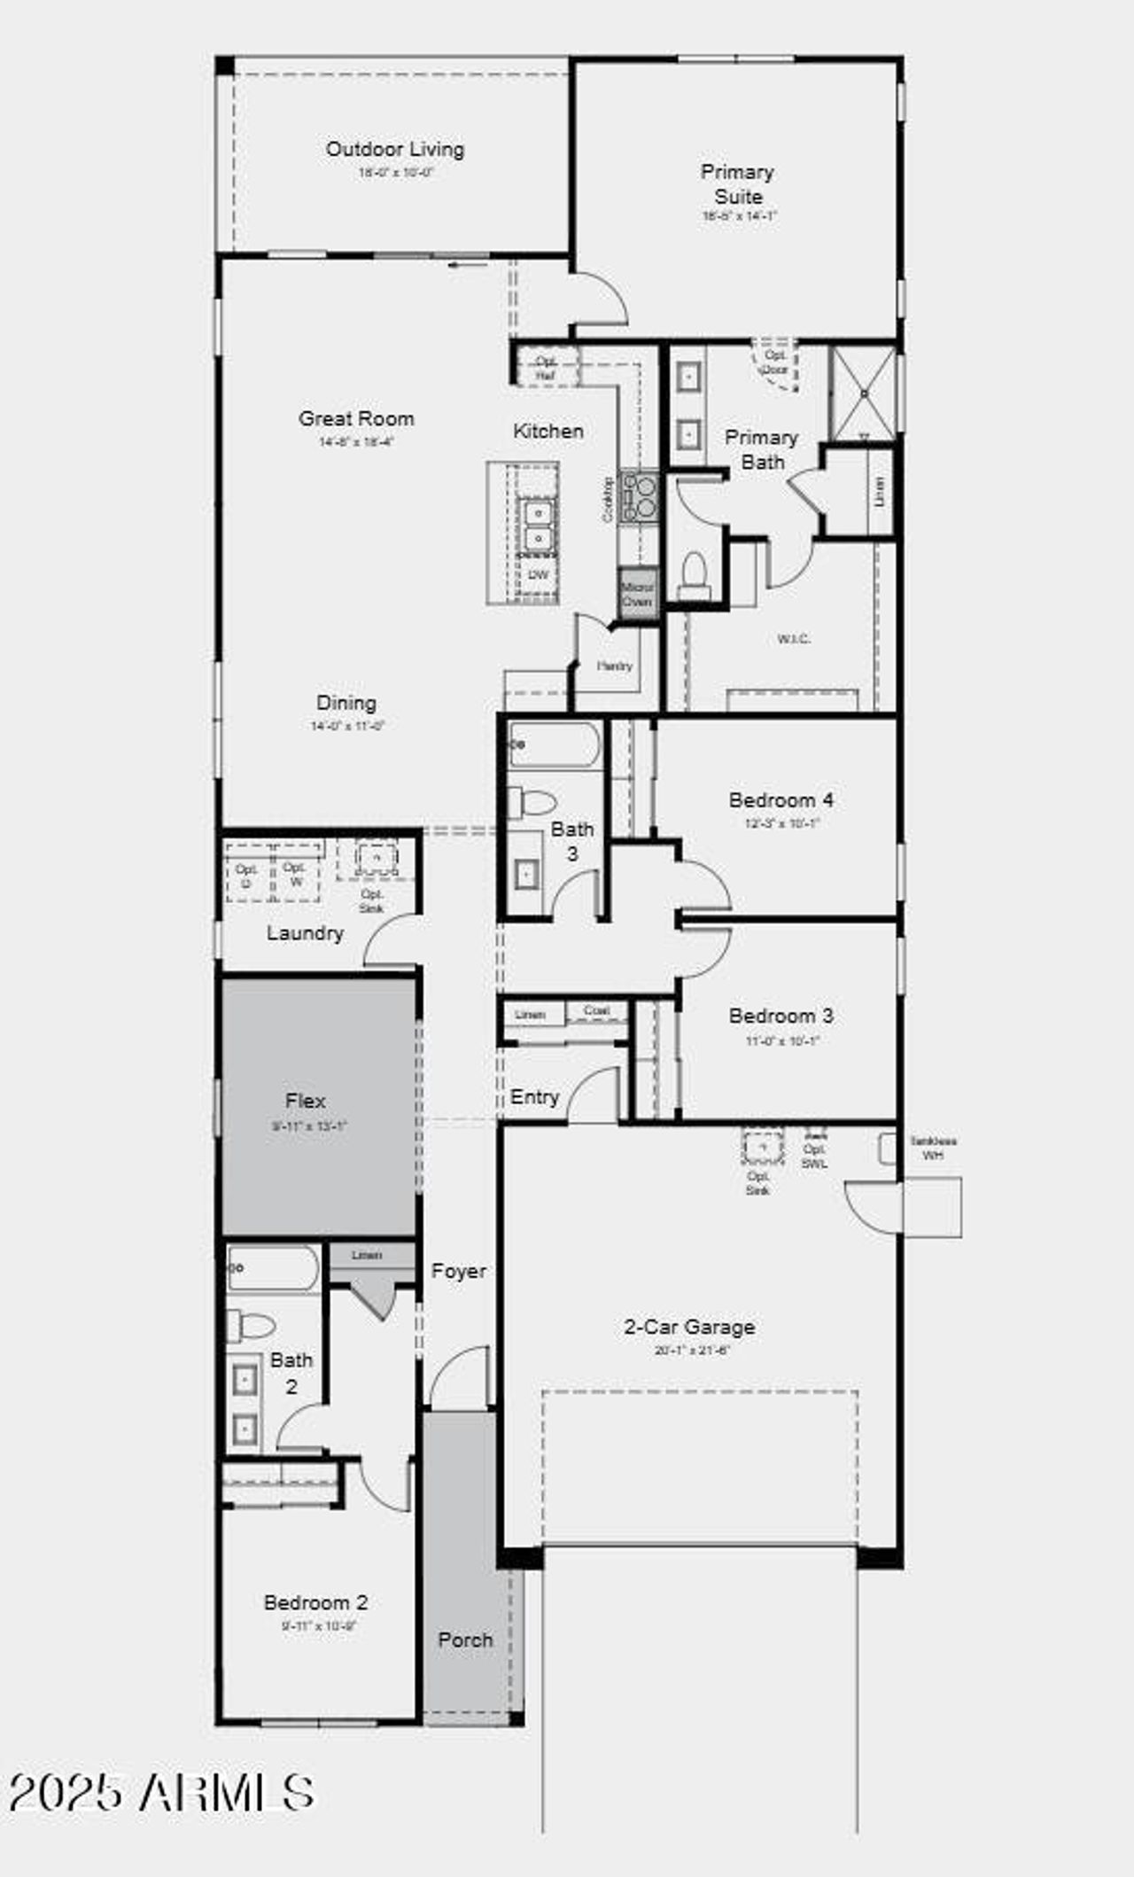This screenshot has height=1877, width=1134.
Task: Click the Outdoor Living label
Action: click(x=395, y=149)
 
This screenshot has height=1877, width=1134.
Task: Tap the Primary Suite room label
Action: click(x=737, y=183)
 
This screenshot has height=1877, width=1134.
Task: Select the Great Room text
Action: click(x=356, y=418)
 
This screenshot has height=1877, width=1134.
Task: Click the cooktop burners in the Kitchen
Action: click(x=640, y=496)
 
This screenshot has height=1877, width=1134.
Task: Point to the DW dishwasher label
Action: click(x=538, y=575)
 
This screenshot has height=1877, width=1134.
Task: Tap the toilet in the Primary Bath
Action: click(x=694, y=574)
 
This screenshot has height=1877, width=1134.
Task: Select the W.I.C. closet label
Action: click(x=793, y=639)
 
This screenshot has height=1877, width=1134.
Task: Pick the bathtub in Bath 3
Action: click(x=555, y=744)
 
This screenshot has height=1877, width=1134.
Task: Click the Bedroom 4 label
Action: click(x=781, y=799)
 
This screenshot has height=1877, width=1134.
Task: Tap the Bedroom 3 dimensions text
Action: click(x=781, y=1040)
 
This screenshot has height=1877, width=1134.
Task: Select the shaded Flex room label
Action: click(x=306, y=1101)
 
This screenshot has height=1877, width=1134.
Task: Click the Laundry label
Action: click(x=305, y=933)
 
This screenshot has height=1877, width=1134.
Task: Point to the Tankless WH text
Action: click(x=933, y=1148)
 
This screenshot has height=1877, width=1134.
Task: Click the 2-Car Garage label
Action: click(x=689, y=1327)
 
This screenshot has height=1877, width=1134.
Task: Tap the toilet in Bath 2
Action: click(x=252, y=1326)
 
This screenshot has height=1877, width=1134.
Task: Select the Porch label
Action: click(x=465, y=1639)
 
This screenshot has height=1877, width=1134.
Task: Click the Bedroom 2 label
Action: click(x=316, y=1602)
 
